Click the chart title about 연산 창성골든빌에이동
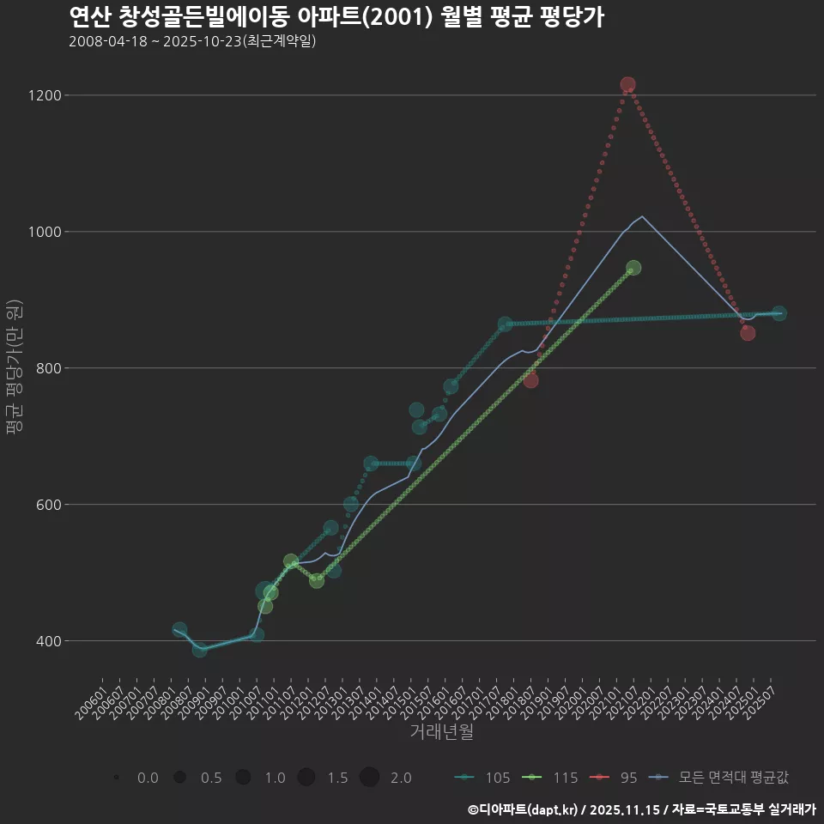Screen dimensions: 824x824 point(336,17)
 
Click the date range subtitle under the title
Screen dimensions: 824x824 point(192,41)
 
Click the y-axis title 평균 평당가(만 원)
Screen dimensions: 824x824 point(14,369)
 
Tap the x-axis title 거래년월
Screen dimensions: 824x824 point(441,732)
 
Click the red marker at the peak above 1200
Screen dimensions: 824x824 point(627,84)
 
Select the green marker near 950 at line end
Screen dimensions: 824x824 point(633,268)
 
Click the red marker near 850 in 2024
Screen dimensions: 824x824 point(748,333)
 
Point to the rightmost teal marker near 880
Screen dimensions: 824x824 point(779,313)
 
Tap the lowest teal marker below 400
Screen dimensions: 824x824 point(199,650)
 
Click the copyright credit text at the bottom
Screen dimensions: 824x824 point(641,809)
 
